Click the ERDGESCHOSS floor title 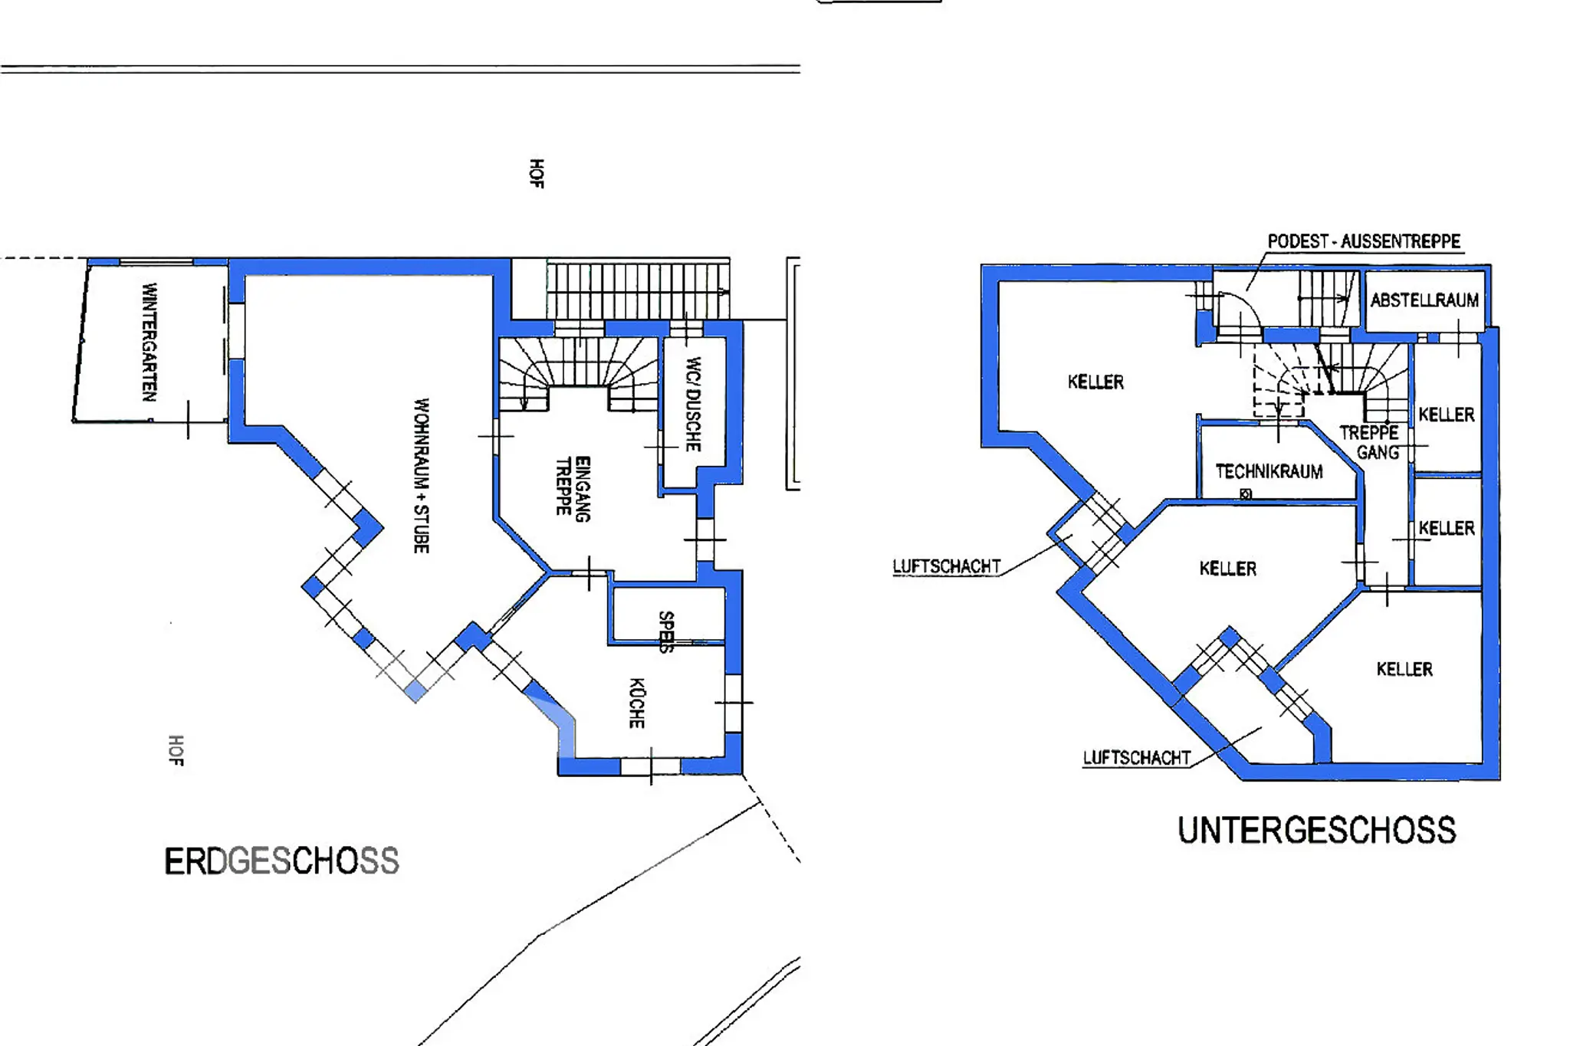click(x=281, y=861)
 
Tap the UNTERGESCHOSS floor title click(x=1316, y=831)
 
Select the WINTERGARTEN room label click(x=149, y=342)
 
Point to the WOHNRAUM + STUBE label click(x=422, y=475)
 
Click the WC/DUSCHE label click(x=693, y=404)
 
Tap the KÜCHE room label click(x=637, y=703)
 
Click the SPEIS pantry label click(x=667, y=631)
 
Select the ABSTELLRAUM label click(x=1424, y=300)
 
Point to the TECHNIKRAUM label click(x=1269, y=471)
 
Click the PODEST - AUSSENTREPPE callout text click(x=1364, y=241)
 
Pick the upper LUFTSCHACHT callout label click(x=947, y=566)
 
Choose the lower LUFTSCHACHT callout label click(x=1137, y=758)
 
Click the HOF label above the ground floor click(x=537, y=173)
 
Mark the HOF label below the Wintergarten click(x=176, y=749)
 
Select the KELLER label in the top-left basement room click(x=1095, y=382)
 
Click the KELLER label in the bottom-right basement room click(x=1404, y=669)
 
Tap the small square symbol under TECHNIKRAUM click(x=1246, y=494)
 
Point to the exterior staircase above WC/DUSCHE click(x=638, y=290)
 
